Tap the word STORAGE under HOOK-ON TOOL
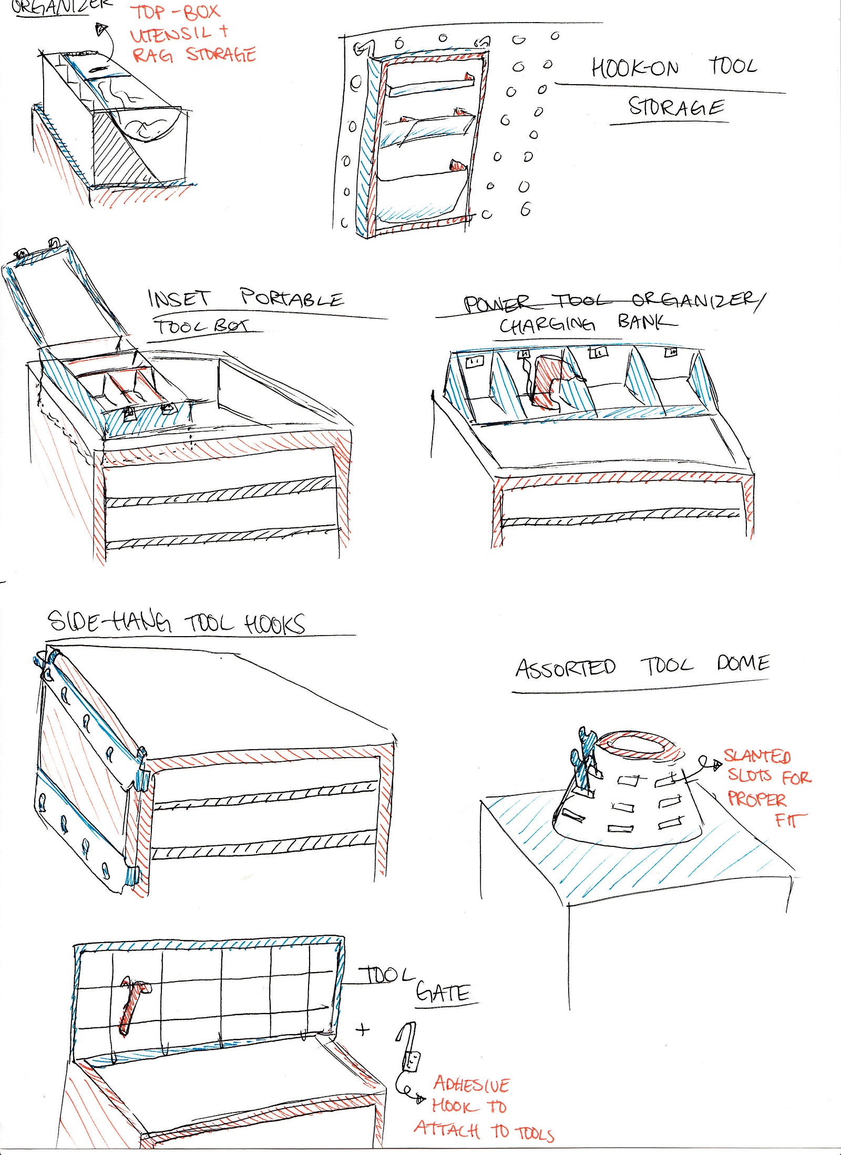pos(676,107)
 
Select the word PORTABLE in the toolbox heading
pos(292,298)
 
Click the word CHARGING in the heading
pos(547,325)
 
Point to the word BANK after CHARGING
pos(647,321)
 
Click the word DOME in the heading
pos(743,663)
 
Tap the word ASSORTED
pos(565,668)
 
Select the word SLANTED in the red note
pos(757,757)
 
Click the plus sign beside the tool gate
pos(362,1029)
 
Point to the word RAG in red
pos(152,55)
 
